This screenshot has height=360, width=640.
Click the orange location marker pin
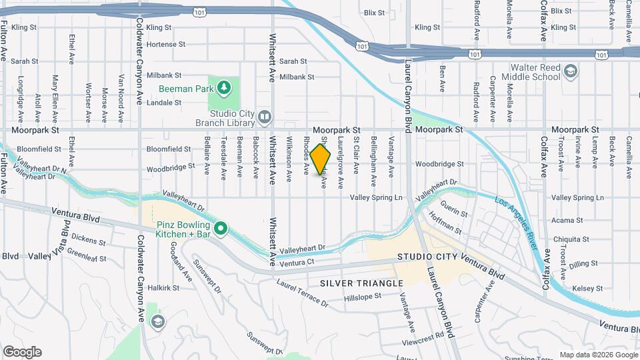(x=321, y=159)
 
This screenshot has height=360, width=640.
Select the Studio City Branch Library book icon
(x=265, y=117)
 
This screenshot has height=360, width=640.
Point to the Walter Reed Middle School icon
(x=571, y=71)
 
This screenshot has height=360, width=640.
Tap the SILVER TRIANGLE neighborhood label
(x=361, y=283)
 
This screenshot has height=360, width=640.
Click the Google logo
(x=22, y=352)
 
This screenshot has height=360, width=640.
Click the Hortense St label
(x=165, y=44)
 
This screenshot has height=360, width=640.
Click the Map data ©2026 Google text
(x=598, y=355)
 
